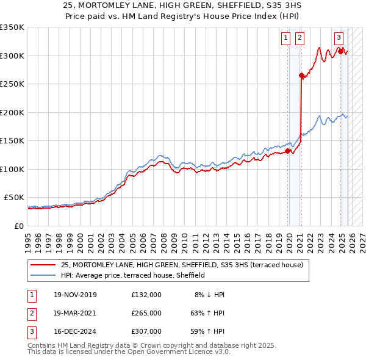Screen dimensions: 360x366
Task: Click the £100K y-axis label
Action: [x=12, y=169]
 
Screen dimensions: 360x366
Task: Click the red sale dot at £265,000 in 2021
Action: [x=301, y=76]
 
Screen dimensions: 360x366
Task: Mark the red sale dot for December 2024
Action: [x=340, y=52]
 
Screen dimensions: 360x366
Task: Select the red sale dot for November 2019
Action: [x=288, y=151]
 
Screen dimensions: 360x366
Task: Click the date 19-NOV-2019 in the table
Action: [x=75, y=295]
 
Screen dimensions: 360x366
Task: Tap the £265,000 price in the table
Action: [x=146, y=312]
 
